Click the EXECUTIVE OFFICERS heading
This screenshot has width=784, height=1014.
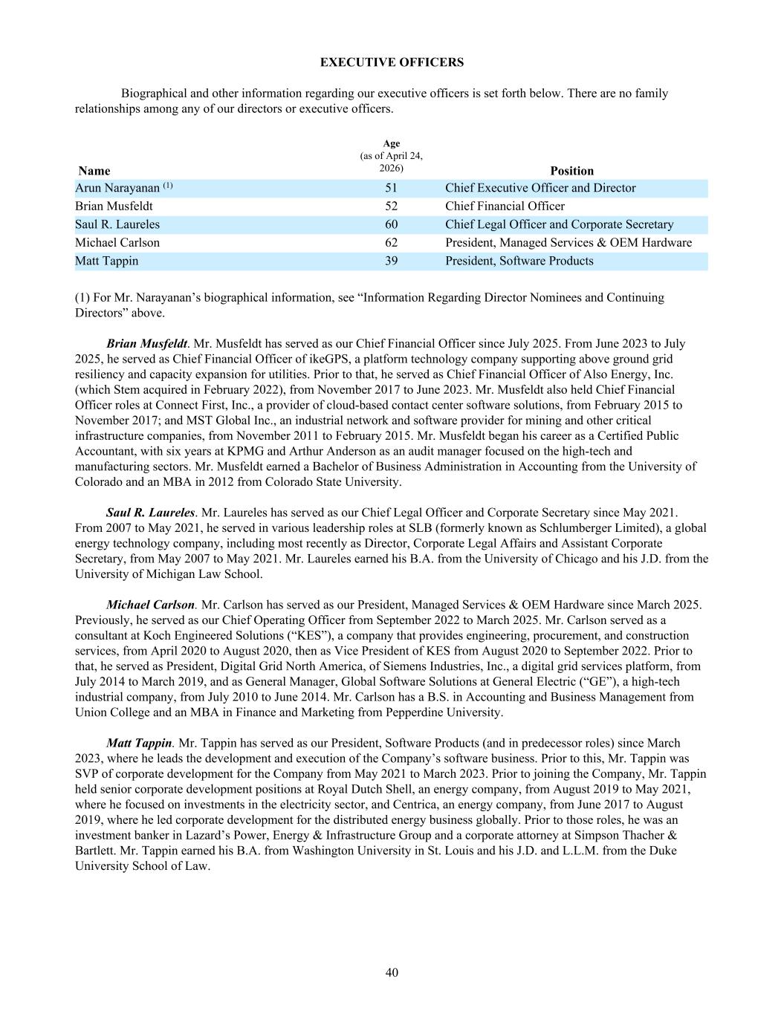[x=392, y=62]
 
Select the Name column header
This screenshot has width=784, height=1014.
[x=94, y=171]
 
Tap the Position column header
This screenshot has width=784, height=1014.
[x=571, y=171]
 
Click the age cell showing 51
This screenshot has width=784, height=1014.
[x=392, y=188]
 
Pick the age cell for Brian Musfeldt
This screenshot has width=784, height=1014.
[x=392, y=207]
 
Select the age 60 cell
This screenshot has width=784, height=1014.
[x=392, y=224]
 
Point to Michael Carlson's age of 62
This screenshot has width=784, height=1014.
[x=392, y=243]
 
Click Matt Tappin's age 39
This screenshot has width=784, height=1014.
[x=392, y=261]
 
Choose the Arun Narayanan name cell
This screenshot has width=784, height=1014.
[x=117, y=188]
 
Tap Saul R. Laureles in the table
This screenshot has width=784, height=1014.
[x=117, y=224]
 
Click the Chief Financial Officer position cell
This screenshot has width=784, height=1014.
[x=505, y=207]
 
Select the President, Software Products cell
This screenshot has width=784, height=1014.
[x=519, y=261]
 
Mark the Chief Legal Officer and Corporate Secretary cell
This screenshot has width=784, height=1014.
[x=559, y=224]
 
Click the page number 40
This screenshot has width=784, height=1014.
[x=392, y=973]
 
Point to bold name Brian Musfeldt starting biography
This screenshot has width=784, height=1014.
[x=146, y=344]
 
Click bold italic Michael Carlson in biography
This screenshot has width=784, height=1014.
[x=150, y=605]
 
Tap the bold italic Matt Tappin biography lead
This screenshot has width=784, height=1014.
[x=139, y=743]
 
